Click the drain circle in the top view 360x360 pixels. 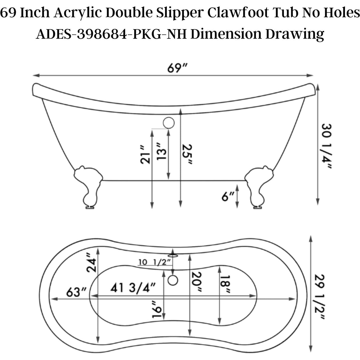pos(173,280)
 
